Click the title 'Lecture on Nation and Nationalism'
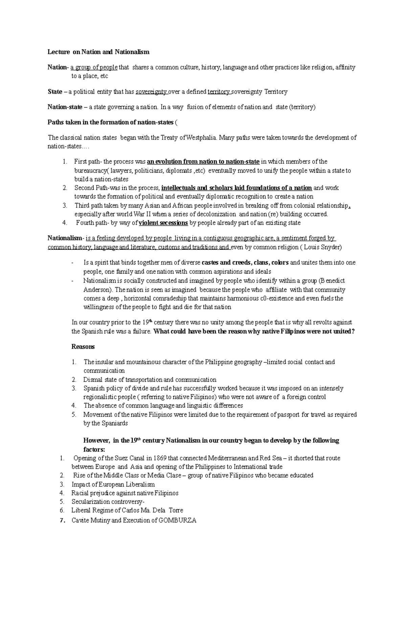pyautogui.click(x=98, y=52)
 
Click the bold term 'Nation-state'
pyautogui.click(x=65, y=107)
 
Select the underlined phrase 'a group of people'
pyautogui.click(x=94, y=67)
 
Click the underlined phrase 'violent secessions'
pyautogui.click(x=163, y=223)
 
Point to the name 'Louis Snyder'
pyautogui.click(x=322, y=247)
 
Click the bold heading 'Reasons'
pyautogui.click(x=83, y=347)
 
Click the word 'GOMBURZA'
pyautogui.click(x=177, y=520)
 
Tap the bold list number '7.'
pyautogui.click(x=62, y=521)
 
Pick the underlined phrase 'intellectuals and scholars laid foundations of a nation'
pyautogui.click(x=236, y=188)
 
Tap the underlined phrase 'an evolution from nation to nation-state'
pyautogui.click(x=203, y=162)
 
